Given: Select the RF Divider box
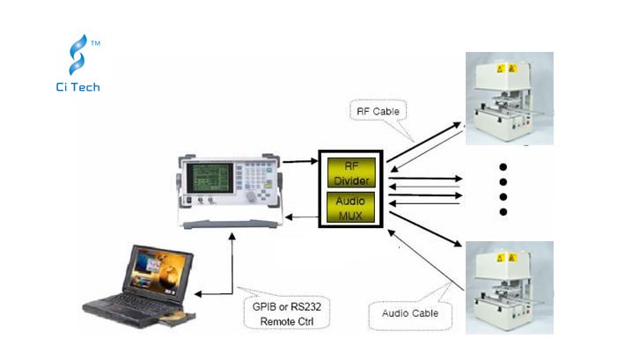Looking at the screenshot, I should (x=351, y=172).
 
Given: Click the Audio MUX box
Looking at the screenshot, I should (x=351, y=208).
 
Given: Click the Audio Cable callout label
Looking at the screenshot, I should (x=409, y=313).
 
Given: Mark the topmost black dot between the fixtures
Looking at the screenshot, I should (x=503, y=166).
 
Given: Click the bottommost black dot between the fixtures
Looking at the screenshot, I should (x=503, y=212).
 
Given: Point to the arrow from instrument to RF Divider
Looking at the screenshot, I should (x=303, y=162).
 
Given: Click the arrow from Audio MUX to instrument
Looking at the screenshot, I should (x=303, y=217).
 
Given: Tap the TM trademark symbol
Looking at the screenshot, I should (x=95, y=41).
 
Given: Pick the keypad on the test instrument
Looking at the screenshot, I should (x=256, y=186).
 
